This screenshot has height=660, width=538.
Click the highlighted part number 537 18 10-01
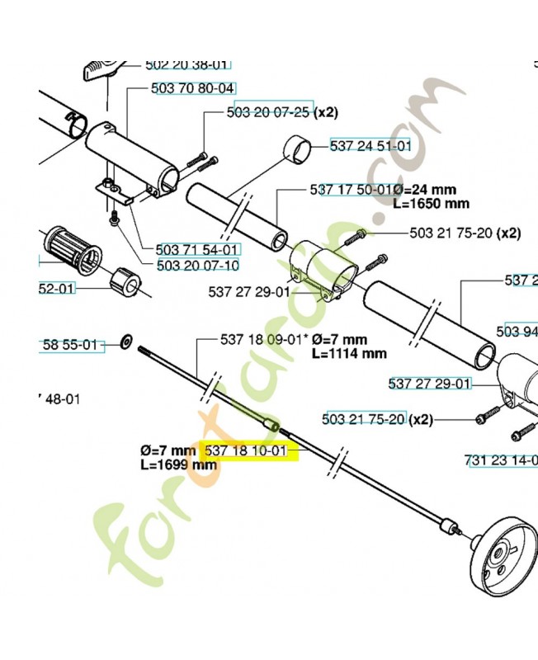pyautogui.click(x=245, y=451)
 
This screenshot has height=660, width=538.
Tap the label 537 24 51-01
pyautogui.click(x=370, y=145)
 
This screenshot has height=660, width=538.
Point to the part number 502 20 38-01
pyautogui.click(x=187, y=64)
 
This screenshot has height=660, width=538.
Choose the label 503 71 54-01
pyautogui.click(x=186, y=249)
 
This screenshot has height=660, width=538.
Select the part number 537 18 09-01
pyautogui.click(x=255, y=339)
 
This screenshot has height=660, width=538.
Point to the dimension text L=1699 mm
pyautogui.click(x=179, y=464)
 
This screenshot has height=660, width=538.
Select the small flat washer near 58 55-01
pyautogui.click(x=126, y=340)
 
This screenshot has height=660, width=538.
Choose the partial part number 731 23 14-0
pyautogui.click(x=503, y=460)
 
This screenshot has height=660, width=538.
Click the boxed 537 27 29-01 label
pyautogui.click(x=429, y=384)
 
